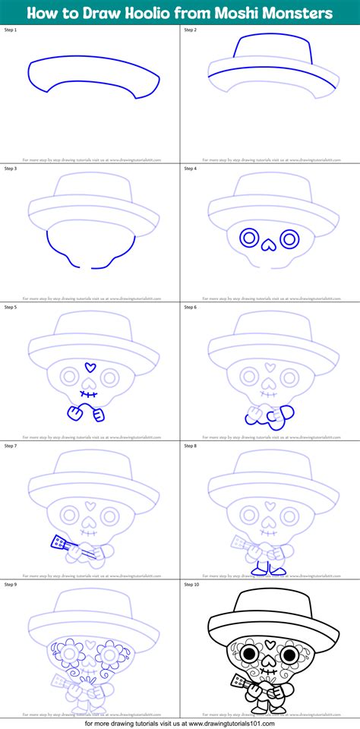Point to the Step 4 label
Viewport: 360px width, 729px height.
[191, 168]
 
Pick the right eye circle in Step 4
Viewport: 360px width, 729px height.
[289, 239]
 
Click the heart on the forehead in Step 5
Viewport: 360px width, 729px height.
[89, 365]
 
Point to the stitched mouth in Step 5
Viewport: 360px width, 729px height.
[90, 395]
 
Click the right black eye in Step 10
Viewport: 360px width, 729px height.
[291, 653]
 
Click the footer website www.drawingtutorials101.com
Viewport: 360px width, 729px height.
[233, 722]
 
